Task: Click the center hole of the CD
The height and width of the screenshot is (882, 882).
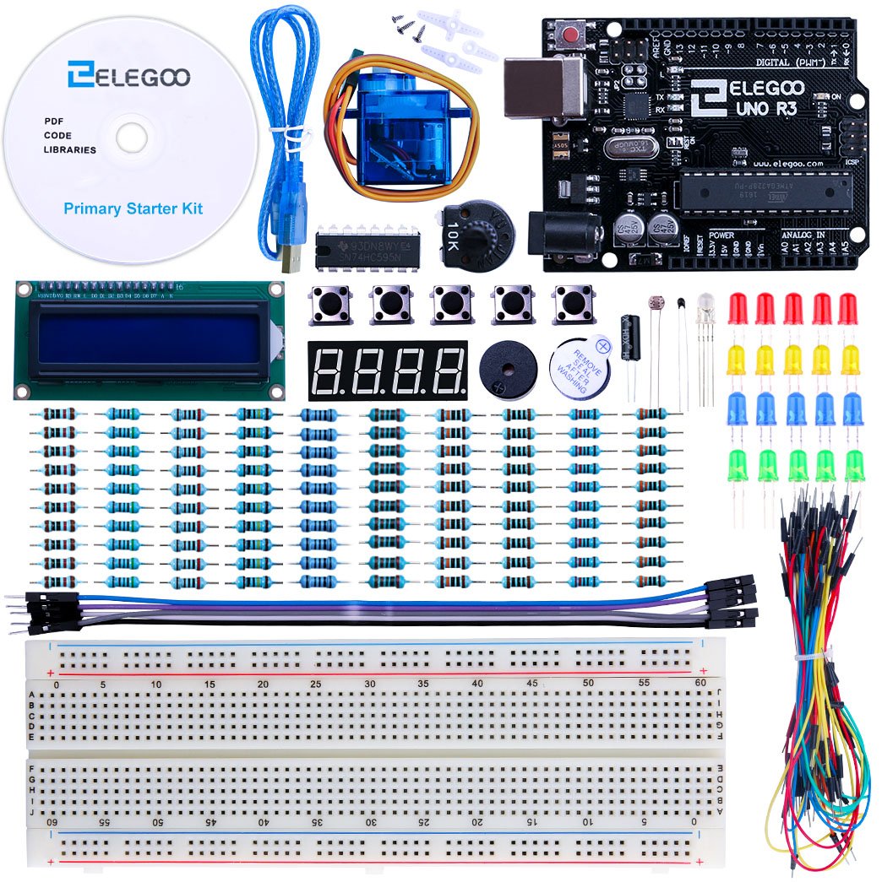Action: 130,137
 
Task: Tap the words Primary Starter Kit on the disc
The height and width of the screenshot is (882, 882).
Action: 133,208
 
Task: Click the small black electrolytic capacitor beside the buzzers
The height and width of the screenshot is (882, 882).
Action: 629,338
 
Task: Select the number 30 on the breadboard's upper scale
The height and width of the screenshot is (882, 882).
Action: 370,683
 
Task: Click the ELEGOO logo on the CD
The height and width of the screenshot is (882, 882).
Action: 130,77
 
